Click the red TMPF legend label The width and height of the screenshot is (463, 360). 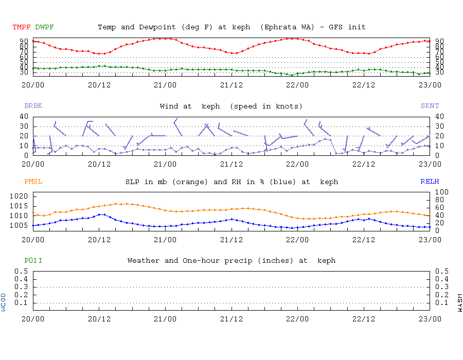22,27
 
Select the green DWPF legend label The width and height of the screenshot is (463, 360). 44,27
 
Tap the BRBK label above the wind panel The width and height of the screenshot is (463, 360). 33,106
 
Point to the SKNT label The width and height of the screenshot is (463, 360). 430,106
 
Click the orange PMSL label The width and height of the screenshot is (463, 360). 33,182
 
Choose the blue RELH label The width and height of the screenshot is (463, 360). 430,182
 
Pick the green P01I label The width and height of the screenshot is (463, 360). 33,261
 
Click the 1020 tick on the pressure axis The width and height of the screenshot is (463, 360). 21,196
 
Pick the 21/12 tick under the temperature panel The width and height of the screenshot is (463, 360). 232,85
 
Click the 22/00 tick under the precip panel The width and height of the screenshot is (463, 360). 297,319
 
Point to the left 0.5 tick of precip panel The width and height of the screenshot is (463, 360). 21,271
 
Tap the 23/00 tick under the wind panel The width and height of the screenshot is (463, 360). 430,164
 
